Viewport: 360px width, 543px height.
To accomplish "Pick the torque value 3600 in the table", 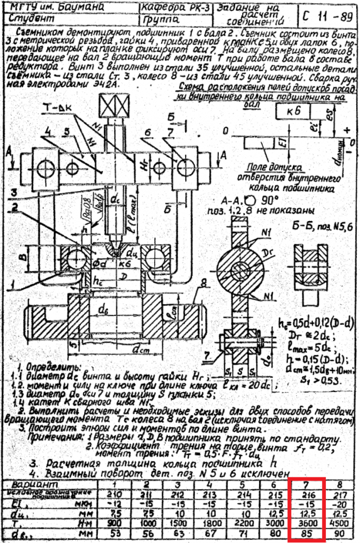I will [x=307, y=524].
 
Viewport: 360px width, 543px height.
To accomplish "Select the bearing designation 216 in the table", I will [x=307, y=495].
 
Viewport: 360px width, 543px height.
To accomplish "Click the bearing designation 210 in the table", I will [x=113, y=495].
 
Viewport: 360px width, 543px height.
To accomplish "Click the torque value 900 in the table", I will [x=113, y=524].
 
